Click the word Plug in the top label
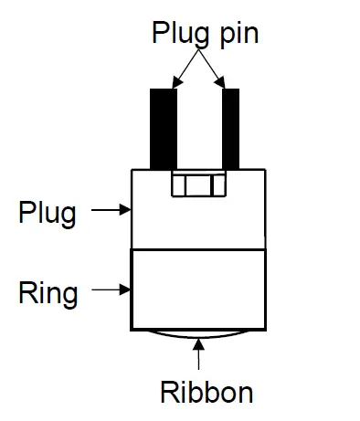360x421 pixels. coord(179,35)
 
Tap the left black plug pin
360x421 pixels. coord(164,128)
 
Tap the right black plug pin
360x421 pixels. coord(230,128)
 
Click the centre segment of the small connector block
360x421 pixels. coord(198,185)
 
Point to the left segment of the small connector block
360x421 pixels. coord(179,185)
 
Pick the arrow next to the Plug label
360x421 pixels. coord(111,210)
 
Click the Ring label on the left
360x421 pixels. coord(48,293)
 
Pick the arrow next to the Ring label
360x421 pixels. coord(111,290)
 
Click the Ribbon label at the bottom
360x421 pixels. coord(206,393)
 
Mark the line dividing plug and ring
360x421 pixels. coord(198,248)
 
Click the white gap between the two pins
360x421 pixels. coord(198,128)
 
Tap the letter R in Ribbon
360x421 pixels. coord(171,393)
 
